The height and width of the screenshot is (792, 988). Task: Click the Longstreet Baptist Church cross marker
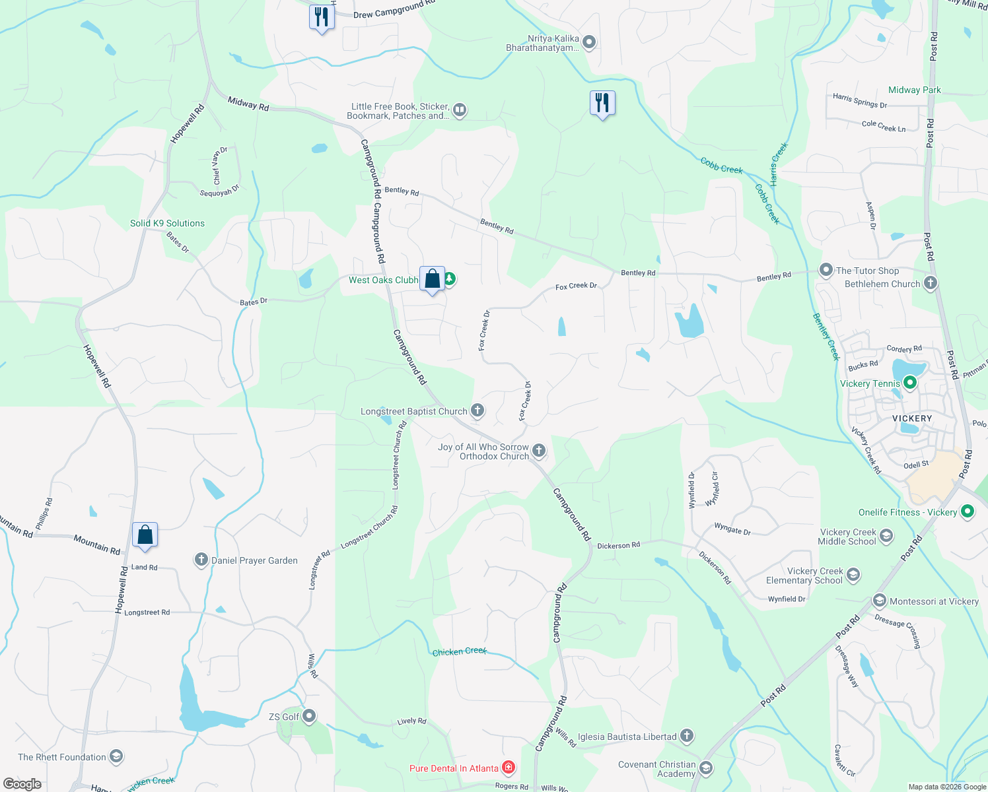point(477,411)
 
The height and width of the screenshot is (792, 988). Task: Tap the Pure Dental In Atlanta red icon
point(508,767)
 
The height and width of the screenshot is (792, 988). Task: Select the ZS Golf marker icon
point(308,716)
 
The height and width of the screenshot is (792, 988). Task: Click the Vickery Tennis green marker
point(909,382)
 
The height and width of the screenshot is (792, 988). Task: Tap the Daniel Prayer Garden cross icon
point(201,560)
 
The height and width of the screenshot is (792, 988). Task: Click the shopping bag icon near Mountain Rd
point(145,535)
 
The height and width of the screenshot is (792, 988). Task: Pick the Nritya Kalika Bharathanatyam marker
point(589,43)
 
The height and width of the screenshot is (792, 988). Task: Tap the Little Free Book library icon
point(460,110)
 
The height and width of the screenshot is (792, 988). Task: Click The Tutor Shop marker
point(826,270)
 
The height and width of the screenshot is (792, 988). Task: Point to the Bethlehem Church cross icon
point(930,283)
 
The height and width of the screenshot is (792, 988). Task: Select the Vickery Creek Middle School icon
point(886,535)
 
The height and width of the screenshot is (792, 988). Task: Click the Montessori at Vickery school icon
point(878,601)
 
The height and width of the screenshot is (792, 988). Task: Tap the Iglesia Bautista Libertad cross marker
point(686,735)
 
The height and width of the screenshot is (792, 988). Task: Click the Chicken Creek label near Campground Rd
point(459,651)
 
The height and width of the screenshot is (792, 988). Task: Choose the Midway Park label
point(914,90)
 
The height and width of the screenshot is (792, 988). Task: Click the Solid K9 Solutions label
point(167,223)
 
